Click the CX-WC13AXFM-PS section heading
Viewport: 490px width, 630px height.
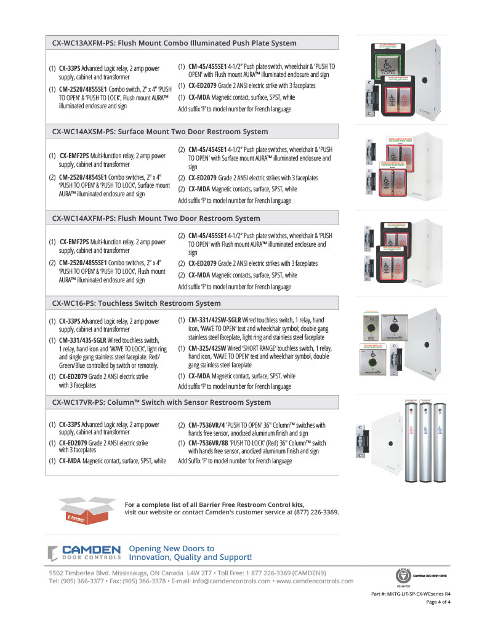tap(174, 43)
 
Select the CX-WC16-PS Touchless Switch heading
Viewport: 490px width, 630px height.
tap(136, 303)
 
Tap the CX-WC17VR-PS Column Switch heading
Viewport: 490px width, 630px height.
tap(161, 402)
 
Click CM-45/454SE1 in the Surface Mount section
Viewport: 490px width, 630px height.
tap(209, 150)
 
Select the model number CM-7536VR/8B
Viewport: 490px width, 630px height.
tap(210, 443)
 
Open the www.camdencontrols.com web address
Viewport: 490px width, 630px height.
tap(315, 581)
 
